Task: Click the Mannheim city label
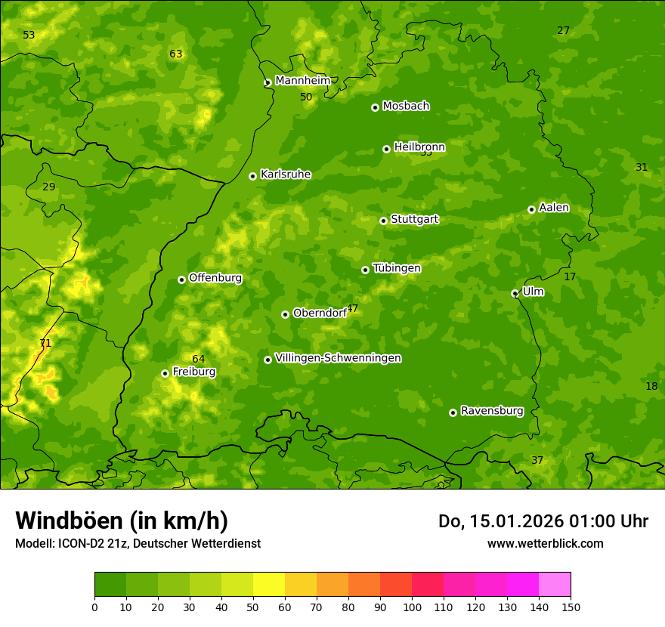point(302,81)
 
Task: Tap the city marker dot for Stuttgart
point(383,221)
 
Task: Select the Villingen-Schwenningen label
point(338,358)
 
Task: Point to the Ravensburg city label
point(492,411)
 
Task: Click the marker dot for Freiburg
point(165,373)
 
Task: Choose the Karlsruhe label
point(286,175)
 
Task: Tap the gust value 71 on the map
point(45,343)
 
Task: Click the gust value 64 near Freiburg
point(198,359)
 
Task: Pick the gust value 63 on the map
point(176,54)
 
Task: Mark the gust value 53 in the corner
point(29,35)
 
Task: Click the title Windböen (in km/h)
point(122,520)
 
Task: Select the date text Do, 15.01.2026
point(501,521)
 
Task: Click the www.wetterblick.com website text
point(545,543)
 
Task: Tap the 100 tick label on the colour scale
point(412,607)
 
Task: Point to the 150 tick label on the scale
point(571,607)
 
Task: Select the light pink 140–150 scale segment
point(555,585)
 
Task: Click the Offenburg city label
point(215,278)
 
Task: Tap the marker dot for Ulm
point(515,293)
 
